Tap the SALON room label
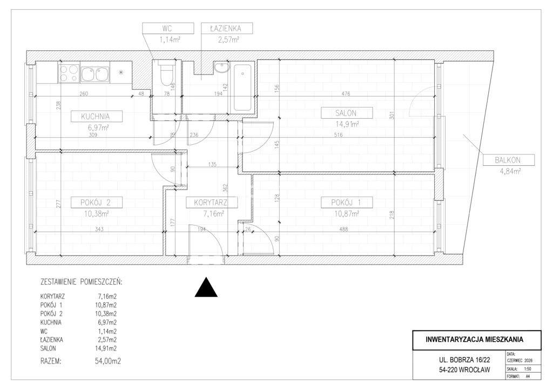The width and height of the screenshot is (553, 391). (346, 113)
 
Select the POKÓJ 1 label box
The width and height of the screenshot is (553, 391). (346, 203)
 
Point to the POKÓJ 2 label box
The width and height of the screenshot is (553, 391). (96, 203)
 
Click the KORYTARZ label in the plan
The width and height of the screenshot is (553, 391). (211, 203)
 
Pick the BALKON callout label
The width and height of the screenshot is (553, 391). (508, 160)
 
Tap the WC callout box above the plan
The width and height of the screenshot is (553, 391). (168, 29)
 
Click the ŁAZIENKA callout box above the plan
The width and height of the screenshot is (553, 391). (226, 29)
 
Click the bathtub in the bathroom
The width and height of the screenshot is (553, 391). (242, 87)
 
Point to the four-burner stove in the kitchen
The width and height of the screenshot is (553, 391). (69, 73)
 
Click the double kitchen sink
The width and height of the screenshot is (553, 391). (95, 73)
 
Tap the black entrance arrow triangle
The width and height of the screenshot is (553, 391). (206, 287)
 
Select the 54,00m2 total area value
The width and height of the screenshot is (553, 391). (105, 361)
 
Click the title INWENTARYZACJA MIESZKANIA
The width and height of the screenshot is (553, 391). (474, 340)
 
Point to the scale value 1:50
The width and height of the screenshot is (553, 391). (528, 369)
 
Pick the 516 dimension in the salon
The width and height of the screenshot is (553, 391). (338, 134)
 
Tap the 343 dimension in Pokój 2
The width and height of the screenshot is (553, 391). (99, 229)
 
